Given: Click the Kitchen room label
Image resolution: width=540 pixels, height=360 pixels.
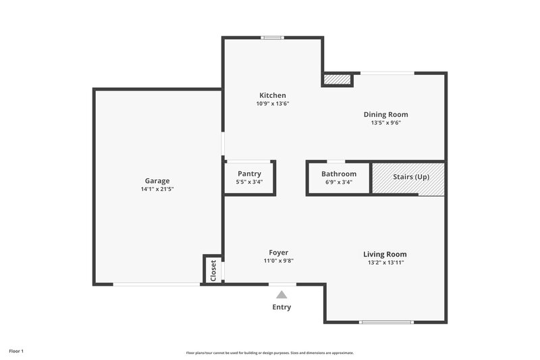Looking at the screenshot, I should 273,95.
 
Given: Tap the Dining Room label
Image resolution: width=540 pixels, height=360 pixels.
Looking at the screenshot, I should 385,114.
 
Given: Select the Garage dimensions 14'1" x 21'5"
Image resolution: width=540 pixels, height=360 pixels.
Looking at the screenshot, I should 157,190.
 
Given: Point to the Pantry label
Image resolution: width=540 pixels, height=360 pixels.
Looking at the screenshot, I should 249,174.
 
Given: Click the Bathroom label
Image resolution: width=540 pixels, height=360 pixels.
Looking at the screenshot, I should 338,174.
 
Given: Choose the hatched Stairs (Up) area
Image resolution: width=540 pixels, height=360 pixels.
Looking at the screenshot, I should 408,178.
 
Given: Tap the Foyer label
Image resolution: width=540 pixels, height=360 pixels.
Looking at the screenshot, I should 278,252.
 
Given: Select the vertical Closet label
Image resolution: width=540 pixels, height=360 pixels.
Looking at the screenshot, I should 213,270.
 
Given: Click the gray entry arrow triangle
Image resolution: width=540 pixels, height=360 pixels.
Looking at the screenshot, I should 281,294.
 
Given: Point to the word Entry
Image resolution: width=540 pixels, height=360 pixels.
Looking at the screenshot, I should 281,307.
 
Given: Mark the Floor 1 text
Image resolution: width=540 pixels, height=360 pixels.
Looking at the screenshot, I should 16,351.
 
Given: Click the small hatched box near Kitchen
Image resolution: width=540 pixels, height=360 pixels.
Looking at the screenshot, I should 337,80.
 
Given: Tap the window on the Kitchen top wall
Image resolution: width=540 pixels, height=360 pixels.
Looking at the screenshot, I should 273,38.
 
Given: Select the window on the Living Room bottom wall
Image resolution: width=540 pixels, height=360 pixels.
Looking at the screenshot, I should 386,322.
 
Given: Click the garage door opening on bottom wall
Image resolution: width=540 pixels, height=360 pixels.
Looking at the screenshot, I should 156,284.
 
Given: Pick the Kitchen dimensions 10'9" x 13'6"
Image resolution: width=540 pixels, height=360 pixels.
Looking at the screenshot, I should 273,104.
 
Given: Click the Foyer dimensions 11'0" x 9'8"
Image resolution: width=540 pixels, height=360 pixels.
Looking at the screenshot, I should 278,261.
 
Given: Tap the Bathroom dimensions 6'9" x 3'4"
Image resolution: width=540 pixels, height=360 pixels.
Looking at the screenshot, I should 338,182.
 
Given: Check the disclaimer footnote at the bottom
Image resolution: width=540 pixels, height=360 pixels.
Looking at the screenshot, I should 269,353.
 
